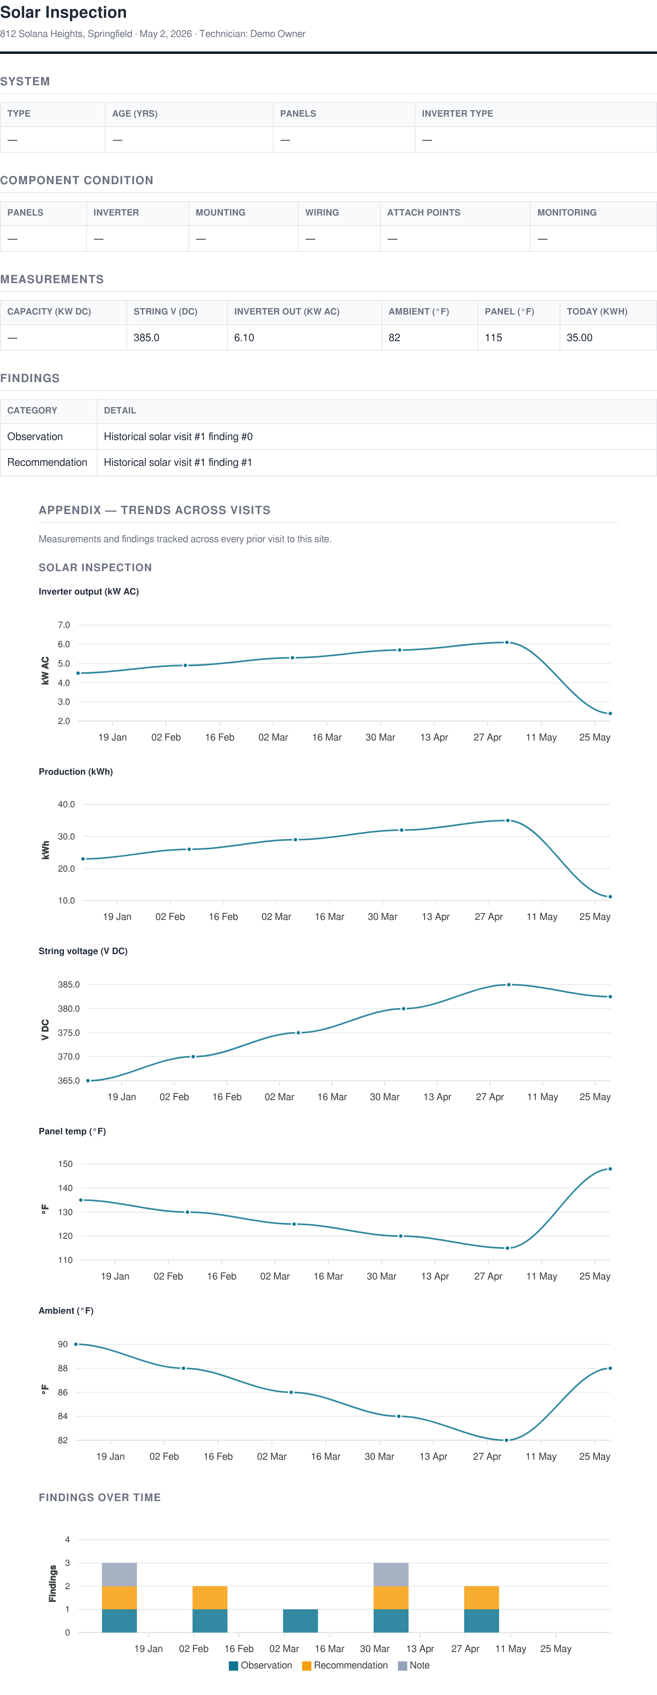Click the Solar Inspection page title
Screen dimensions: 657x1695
click(63, 12)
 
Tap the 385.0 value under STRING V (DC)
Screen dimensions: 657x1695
click(146, 337)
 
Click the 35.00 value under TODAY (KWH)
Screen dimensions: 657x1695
click(579, 337)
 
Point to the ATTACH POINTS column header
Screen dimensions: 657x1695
click(423, 212)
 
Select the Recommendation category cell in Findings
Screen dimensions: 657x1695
click(48, 463)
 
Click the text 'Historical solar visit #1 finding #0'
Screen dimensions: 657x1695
click(178, 436)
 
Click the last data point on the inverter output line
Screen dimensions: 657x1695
click(610, 713)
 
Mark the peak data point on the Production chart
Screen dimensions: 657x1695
click(508, 821)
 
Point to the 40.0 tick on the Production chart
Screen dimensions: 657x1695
click(66, 805)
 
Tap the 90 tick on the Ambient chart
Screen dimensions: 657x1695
click(62, 1344)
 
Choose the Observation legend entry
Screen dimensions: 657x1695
click(260, 1665)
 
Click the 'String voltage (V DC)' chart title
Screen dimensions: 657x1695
click(83, 951)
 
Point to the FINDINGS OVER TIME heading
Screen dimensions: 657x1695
click(99, 1497)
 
